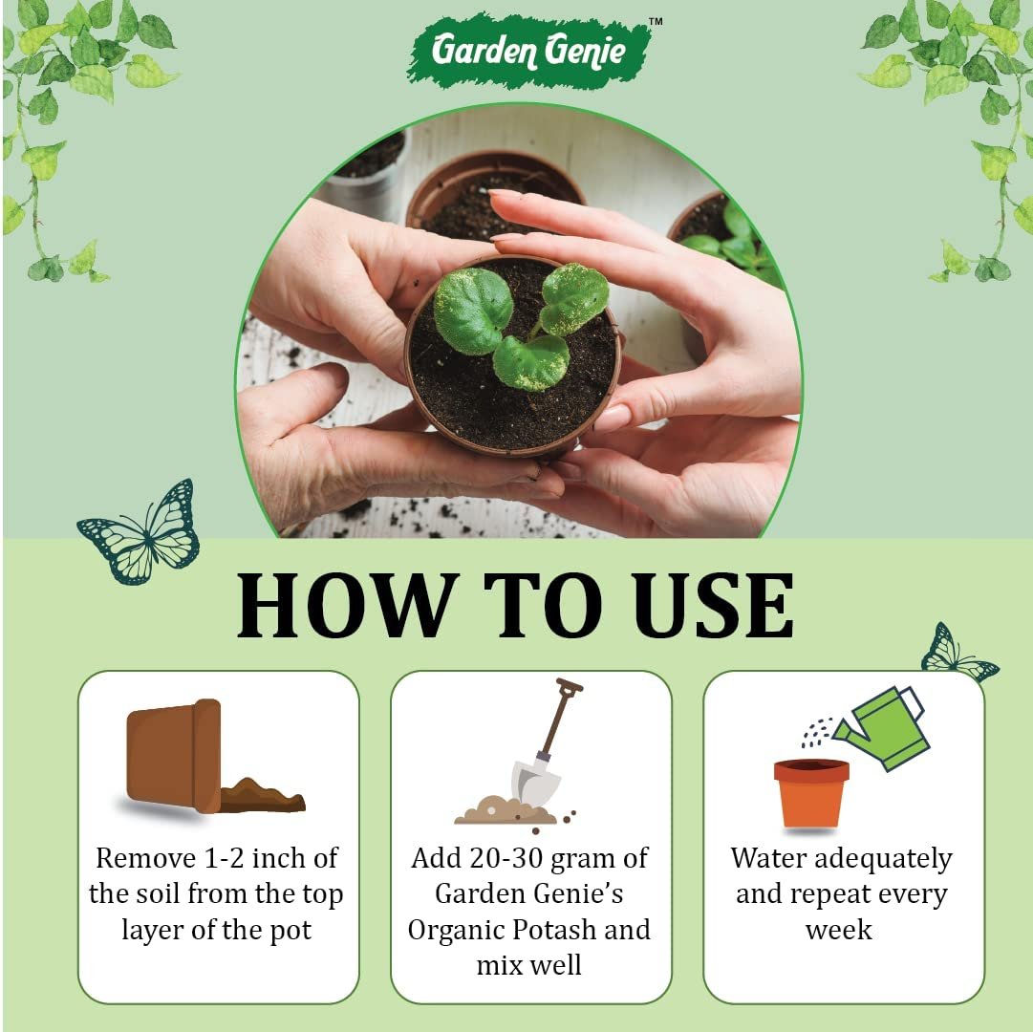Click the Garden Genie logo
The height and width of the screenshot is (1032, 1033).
click(x=530, y=51)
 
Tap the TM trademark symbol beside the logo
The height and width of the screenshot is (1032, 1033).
click(x=655, y=21)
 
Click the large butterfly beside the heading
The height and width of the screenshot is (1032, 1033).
click(x=141, y=533)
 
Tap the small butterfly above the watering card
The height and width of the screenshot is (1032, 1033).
click(x=958, y=654)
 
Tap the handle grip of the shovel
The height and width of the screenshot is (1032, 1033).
click(x=570, y=685)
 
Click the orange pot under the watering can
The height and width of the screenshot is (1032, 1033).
click(x=811, y=793)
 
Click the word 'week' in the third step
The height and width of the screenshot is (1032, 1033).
click(x=839, y=930)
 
